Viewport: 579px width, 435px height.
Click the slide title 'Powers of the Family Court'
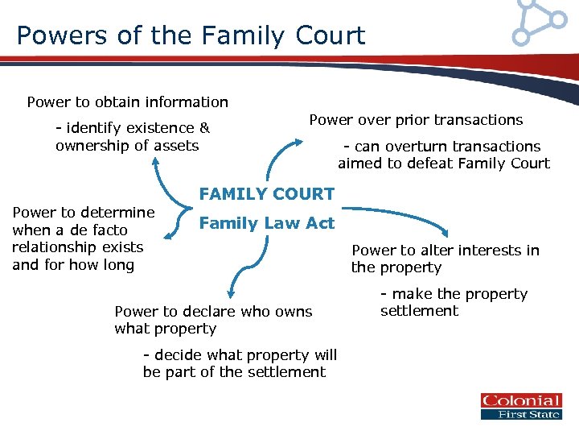(x=191, y=35)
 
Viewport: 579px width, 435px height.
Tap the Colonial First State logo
(x=520, y=407)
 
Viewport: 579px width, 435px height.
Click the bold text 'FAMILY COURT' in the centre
(x=266, y=193)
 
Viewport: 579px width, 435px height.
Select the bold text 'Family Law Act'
(x=266, y=223)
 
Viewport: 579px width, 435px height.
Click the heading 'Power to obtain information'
(x=127, y=102)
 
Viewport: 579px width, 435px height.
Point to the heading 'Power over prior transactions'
(x=416, y=120)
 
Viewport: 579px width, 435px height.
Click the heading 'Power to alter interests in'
(x=446, y=251)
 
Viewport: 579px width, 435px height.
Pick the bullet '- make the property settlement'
(x=454, y=303)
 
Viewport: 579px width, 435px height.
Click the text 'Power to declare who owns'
(x=213, y=312)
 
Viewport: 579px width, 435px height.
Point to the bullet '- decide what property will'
(x=240, y=355)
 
